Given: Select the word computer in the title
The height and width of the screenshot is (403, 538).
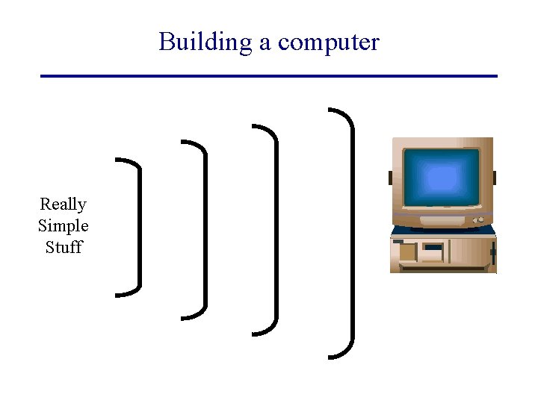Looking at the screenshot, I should coord(328,43).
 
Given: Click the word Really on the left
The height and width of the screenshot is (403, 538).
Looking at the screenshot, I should coord(63,204).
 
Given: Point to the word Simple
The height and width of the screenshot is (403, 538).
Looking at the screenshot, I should coord(63,225).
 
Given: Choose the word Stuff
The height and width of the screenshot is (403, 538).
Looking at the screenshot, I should coord(63,247).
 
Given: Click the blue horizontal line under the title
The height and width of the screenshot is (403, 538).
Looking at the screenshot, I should coord(269,76).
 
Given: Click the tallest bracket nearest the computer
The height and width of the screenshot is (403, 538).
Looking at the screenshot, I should coord(350,233).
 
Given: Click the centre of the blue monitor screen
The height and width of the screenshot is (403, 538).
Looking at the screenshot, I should coord(441,178).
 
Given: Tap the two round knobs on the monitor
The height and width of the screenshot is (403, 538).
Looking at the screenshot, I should coord(478,220).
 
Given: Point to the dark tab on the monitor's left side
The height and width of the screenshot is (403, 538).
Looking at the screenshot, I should coord(390,178).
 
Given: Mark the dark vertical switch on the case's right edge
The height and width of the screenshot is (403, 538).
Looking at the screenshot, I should coord(492,254).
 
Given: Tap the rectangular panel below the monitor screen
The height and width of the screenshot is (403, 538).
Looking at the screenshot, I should coord(442,221).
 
